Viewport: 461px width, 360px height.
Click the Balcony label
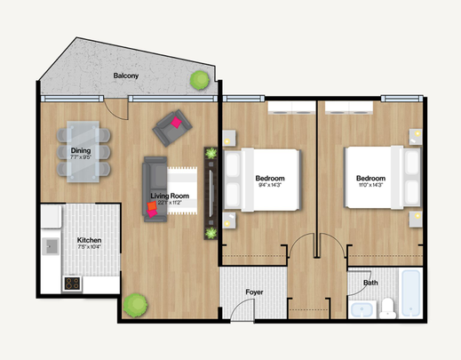point(125,76)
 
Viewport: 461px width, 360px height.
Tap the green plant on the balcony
point(198,81)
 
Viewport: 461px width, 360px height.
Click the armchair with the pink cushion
point(171,128)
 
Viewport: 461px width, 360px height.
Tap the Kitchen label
point(89,240)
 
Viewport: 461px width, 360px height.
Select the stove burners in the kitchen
point(71,284)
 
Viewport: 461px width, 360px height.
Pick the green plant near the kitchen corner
point(135,305)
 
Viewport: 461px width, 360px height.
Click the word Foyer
point(254,289)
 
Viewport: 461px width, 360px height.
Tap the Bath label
point(370,284)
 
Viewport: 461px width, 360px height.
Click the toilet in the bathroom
point(387,308)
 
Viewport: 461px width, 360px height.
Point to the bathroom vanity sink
point(362,309)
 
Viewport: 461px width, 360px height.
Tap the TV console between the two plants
point(211,193)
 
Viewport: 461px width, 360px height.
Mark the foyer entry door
point(238,311)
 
